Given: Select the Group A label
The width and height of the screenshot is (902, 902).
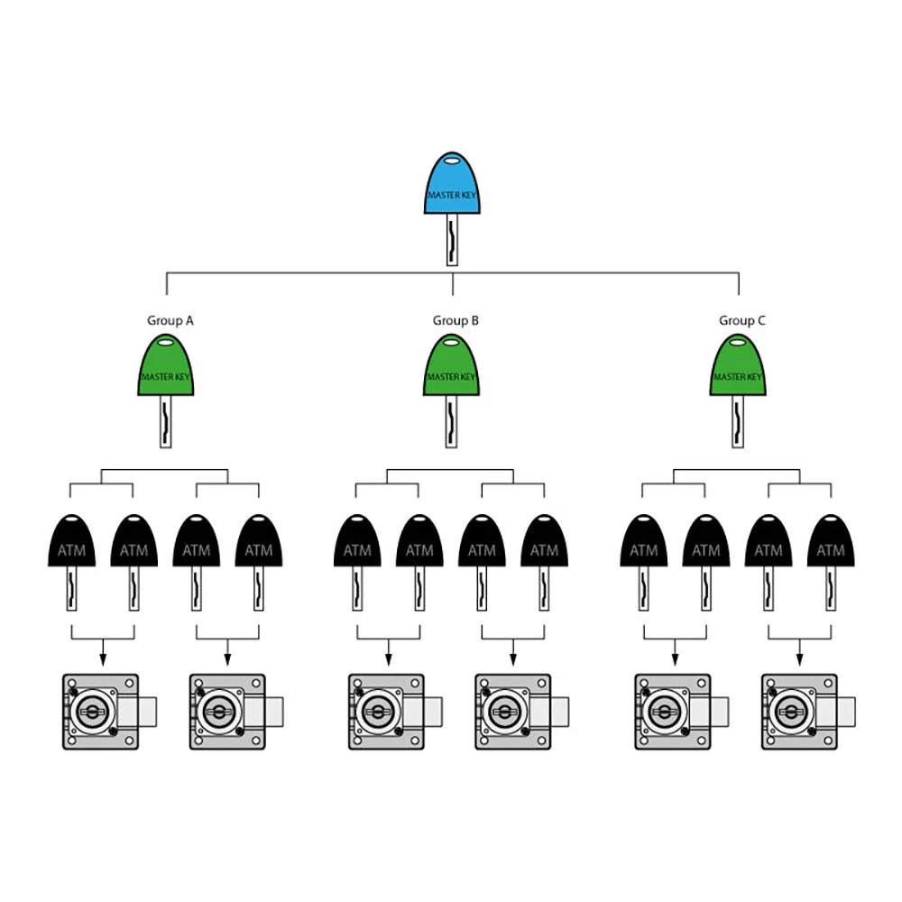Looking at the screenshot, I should (170, 320).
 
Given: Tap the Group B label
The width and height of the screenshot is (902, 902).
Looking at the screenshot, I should (456, 320).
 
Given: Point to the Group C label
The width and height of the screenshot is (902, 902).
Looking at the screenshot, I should (742, 320).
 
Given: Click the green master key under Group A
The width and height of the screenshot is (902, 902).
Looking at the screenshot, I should (165, 368).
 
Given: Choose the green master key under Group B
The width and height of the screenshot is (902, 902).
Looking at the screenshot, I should (451, 368).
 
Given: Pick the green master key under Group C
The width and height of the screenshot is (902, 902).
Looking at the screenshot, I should (738, 368).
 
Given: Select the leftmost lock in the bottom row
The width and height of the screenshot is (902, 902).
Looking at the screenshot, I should (102, 711).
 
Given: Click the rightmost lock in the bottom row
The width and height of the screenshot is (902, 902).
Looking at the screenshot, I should (799, 711).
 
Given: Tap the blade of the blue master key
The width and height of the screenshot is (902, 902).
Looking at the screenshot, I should (452, 240).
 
